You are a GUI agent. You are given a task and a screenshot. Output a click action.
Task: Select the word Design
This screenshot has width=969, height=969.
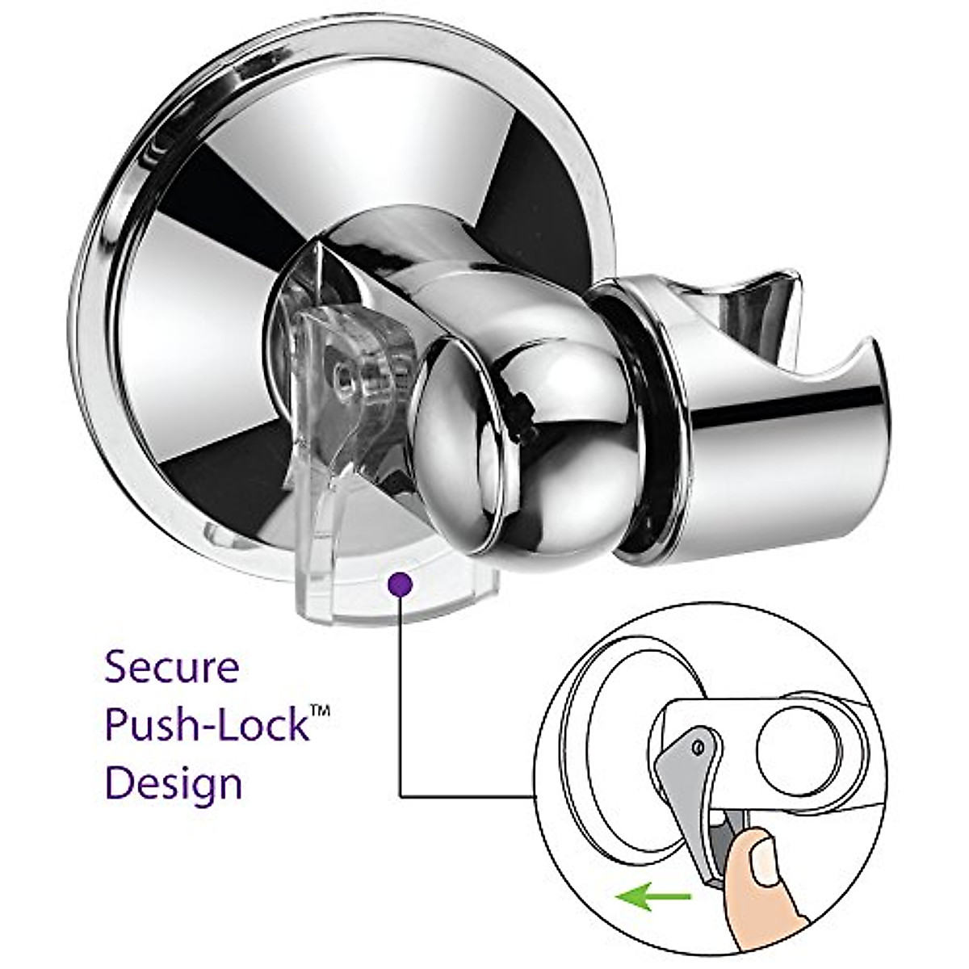pos(174,784)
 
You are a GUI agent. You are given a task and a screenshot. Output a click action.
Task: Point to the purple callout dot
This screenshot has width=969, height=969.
pos(401,583)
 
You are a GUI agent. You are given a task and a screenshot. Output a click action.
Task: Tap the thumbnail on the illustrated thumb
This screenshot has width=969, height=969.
pos(762,849)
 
